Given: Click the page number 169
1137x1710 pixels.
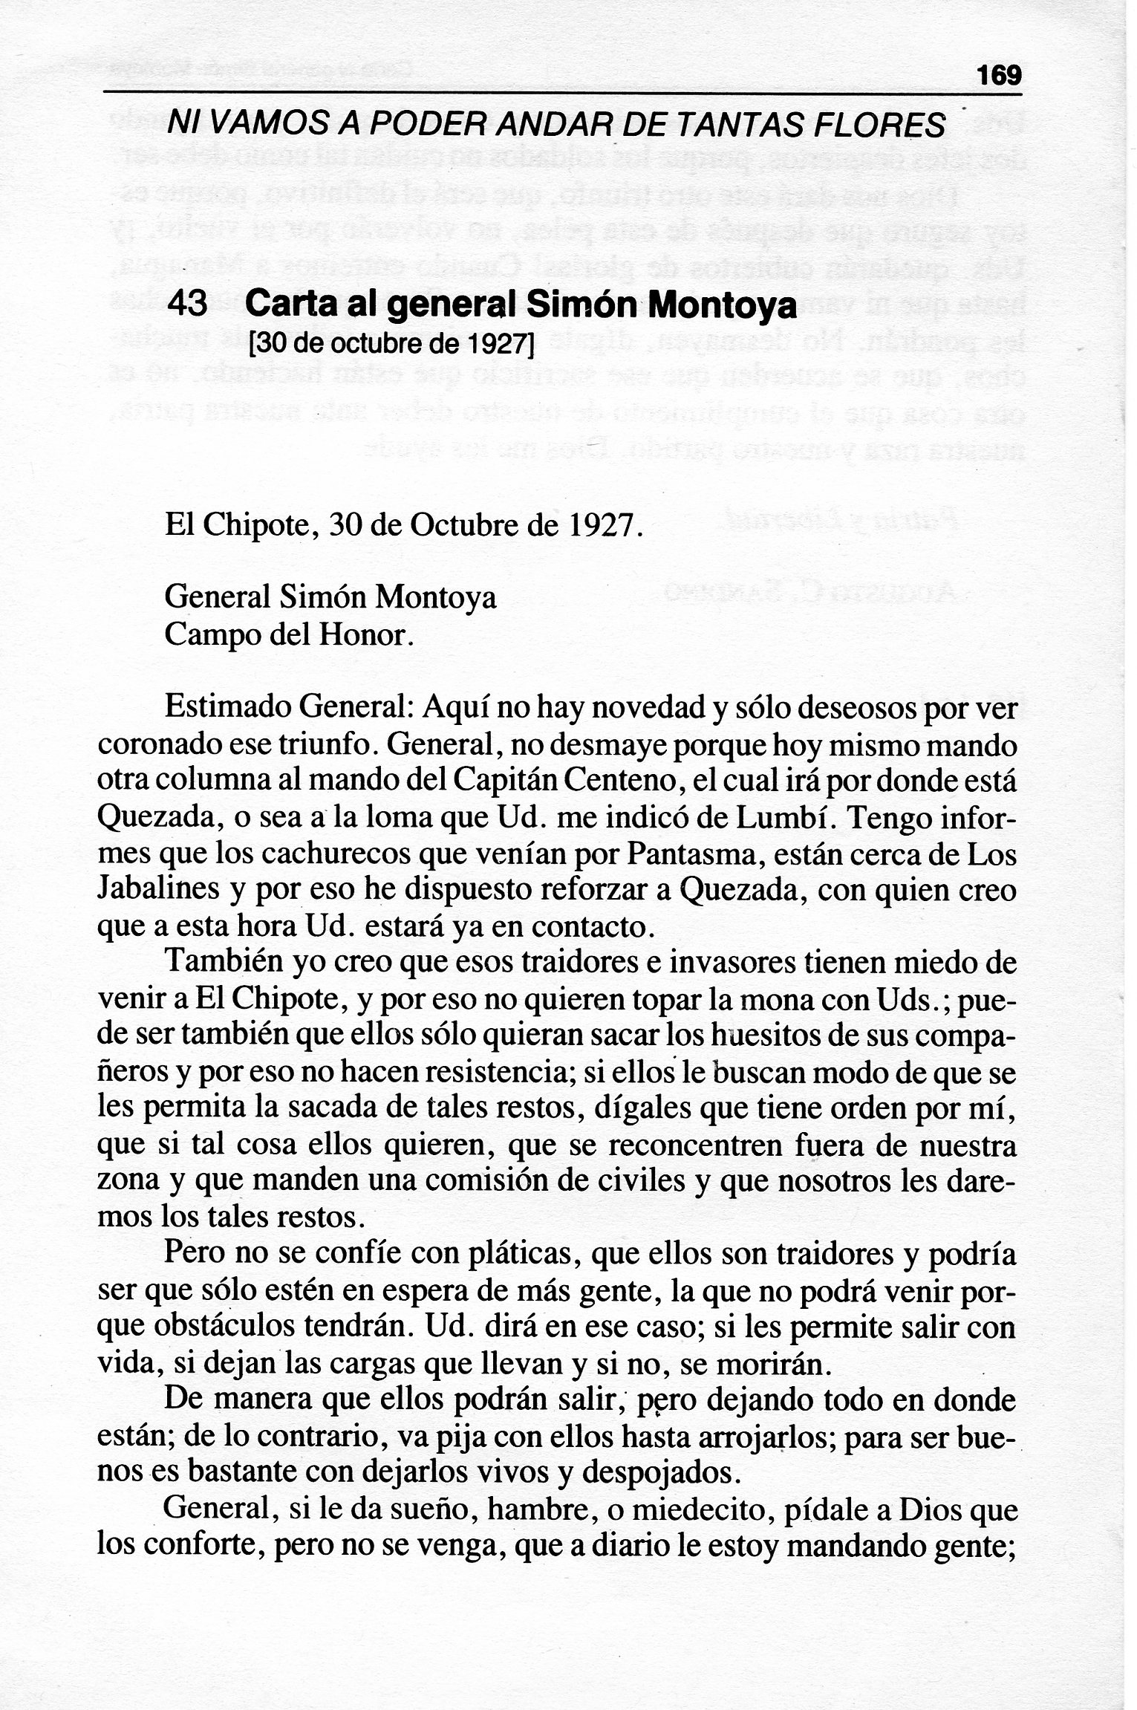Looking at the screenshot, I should [x=1000, y=76].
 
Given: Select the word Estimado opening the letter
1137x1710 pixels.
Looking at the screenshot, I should [x=227, y=707].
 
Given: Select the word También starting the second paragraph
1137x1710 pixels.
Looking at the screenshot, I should [x=225, y=964].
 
